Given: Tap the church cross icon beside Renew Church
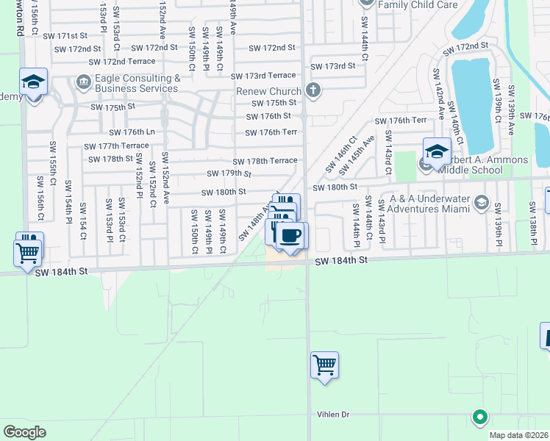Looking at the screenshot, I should [314, 91].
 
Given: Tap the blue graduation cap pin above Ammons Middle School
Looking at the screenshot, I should [436, 151].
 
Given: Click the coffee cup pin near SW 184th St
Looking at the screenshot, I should [292, 236].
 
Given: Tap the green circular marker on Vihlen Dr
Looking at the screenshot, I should [480, 417].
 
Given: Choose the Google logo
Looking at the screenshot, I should [24, 432].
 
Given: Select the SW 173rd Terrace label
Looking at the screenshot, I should [262, 76].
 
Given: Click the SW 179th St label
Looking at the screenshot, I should [228, 173].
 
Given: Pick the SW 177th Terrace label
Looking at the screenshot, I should [116, 146].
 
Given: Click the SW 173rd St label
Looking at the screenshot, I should [333, 65].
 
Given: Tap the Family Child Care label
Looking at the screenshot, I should [418, 4].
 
